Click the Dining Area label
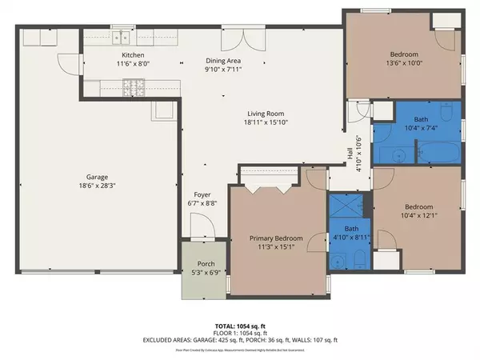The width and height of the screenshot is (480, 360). (222, 61)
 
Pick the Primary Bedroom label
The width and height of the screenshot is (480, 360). (275, 238)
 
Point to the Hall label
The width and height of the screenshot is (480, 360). (349, 150)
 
